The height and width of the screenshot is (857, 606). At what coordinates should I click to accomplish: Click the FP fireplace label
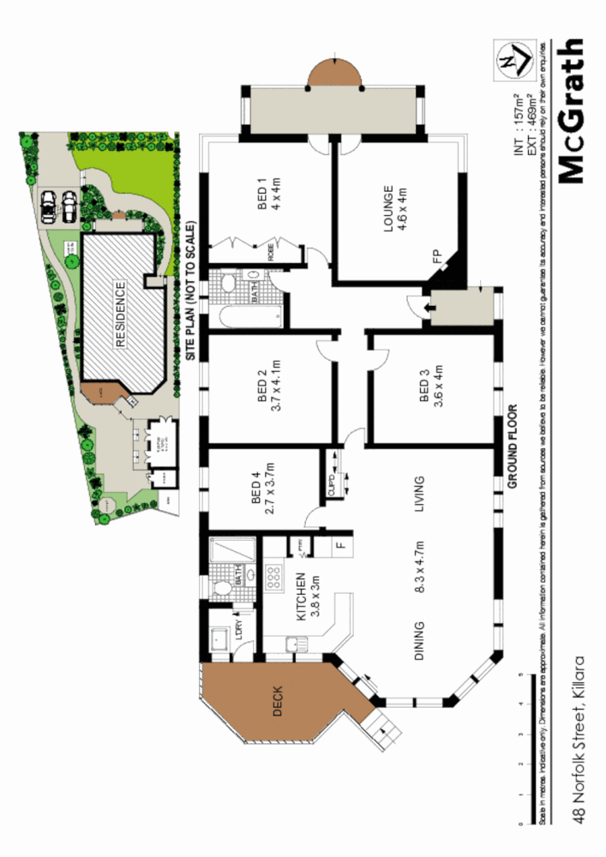pyautogui.click(x=436, y=256)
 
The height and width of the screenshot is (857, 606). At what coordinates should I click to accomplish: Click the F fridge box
pyautogui.click(x=340, y=544)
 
